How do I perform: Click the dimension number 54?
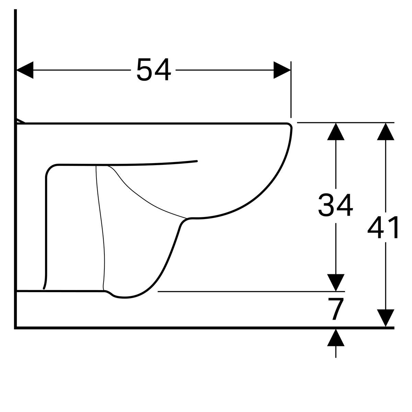point(153,70)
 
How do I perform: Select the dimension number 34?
point(335,205)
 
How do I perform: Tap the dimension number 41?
point(383,227)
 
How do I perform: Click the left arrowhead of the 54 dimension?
point(25,70)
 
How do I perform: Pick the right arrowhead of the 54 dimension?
point(282,70)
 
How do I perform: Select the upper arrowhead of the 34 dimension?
point(336,131)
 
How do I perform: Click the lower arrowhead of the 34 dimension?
point(336,283)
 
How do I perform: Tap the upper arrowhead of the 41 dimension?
point(386,131)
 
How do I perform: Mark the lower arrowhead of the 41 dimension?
point(386,318)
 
